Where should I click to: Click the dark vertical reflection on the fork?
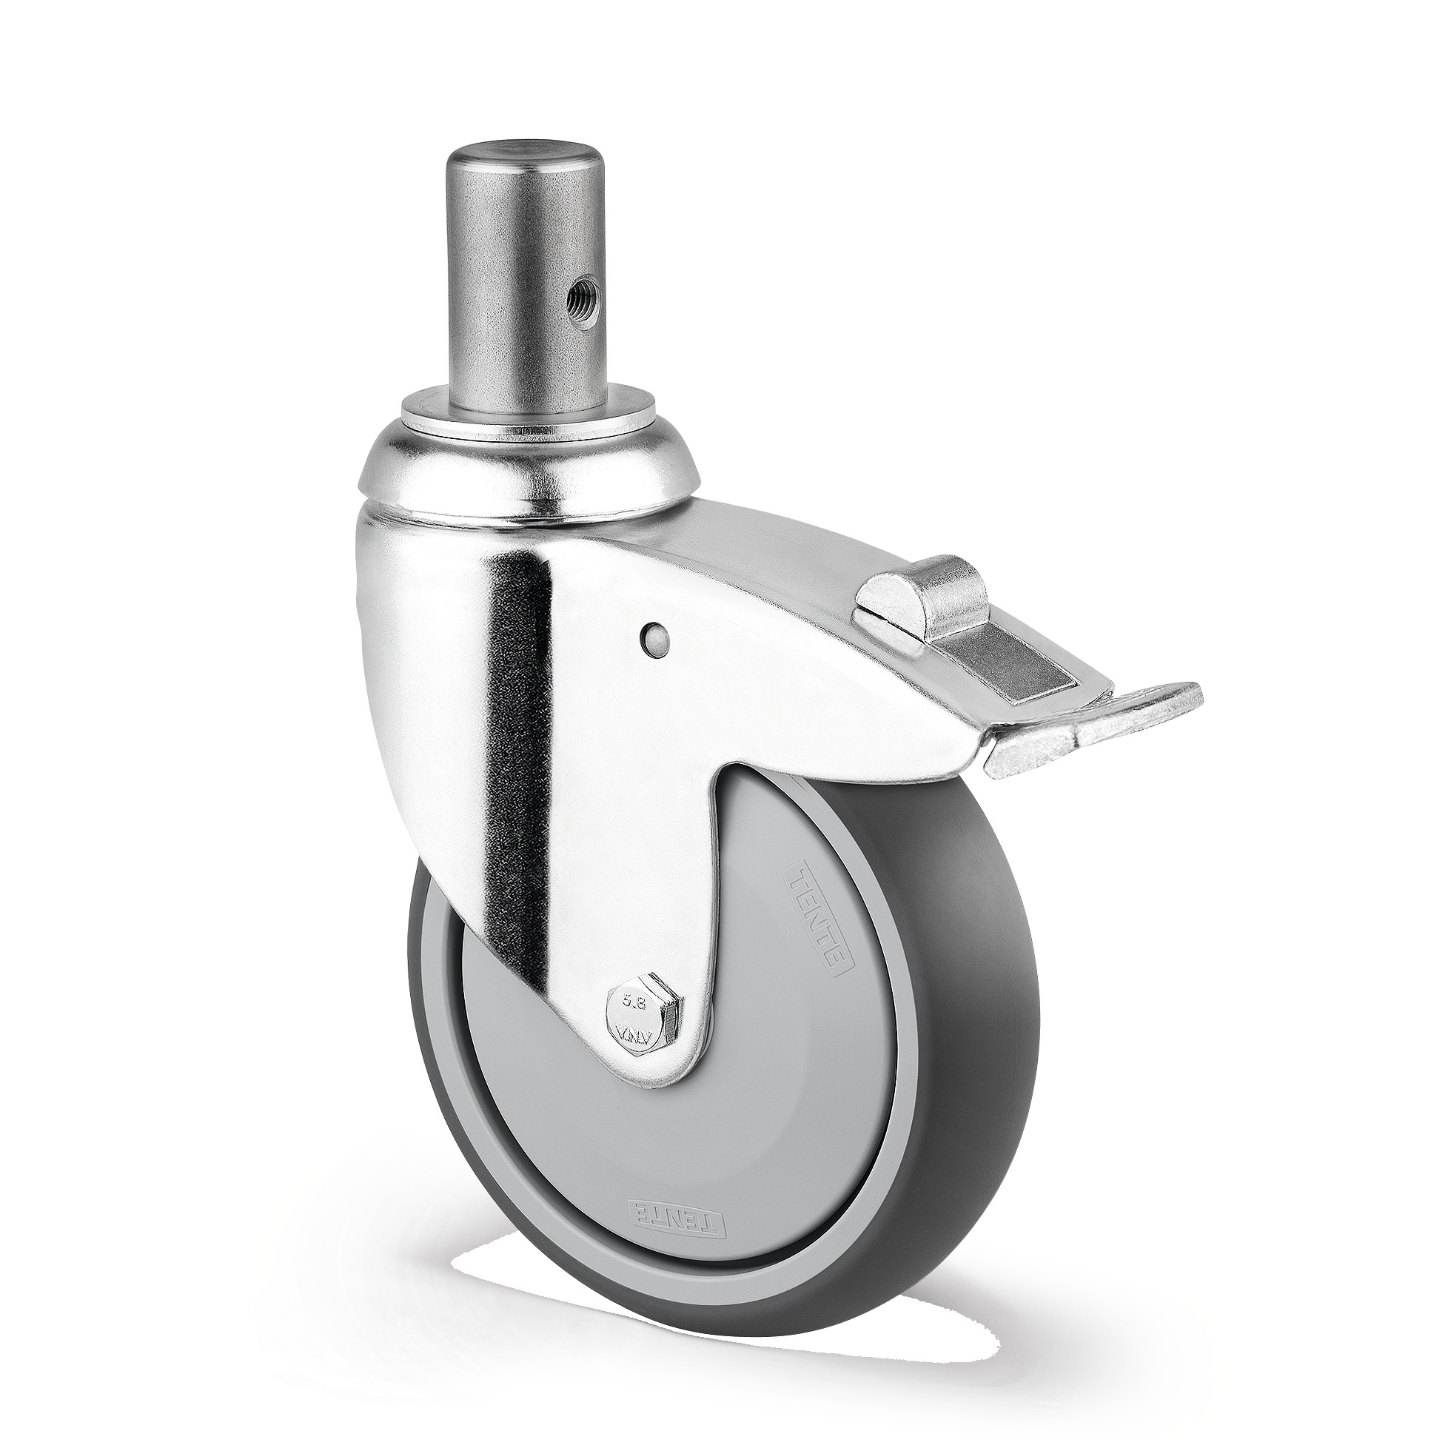522,749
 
